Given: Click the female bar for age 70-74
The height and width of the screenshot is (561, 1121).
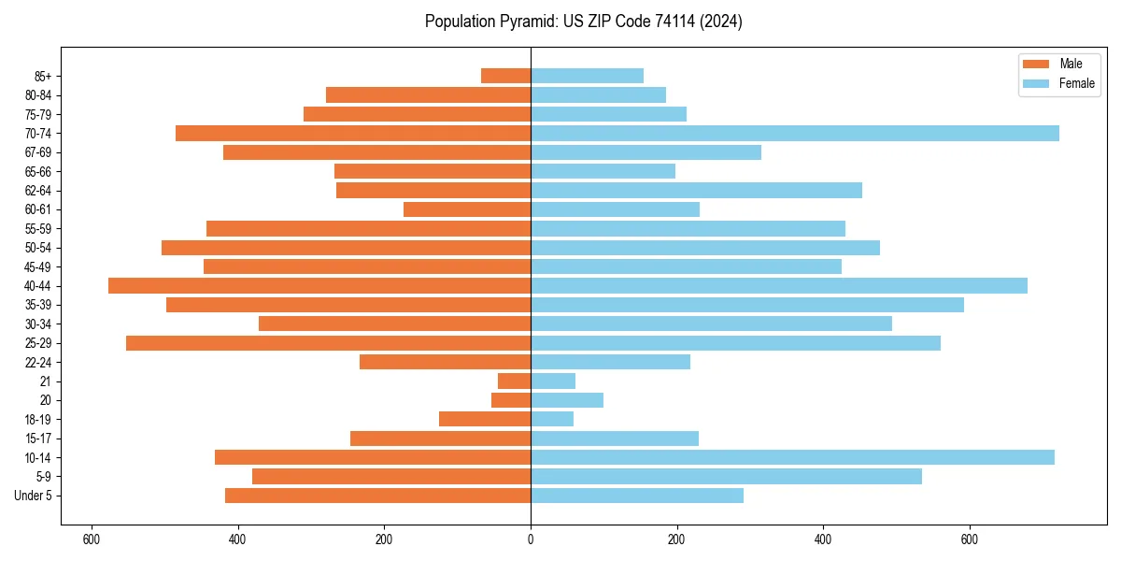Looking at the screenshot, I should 794,133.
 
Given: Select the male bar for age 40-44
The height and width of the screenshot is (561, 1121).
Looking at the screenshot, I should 319,285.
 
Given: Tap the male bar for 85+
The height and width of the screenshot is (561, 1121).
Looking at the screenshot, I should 505,76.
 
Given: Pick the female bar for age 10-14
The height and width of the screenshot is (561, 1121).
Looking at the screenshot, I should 792,457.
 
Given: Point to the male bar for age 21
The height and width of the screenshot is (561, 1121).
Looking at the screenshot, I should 514,381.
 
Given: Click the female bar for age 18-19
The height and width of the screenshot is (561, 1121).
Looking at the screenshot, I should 552,419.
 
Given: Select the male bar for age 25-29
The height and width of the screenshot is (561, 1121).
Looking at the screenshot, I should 328,343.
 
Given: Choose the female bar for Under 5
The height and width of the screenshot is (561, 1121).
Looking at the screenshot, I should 637,496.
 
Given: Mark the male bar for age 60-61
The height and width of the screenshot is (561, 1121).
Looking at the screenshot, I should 467,209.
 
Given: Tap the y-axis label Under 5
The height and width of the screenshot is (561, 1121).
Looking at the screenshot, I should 34,496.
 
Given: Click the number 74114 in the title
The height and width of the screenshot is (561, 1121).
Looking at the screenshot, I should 675,22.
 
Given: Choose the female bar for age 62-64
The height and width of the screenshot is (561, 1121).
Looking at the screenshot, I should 696,190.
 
